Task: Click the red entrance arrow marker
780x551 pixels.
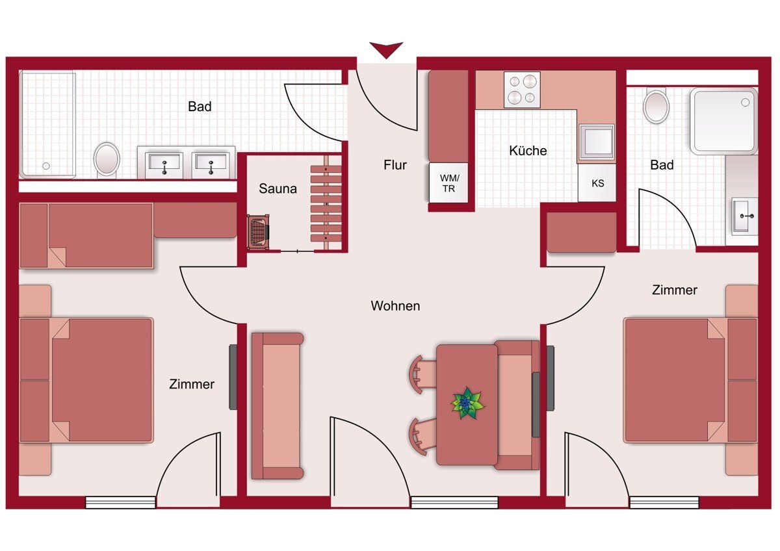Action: coord(386,49)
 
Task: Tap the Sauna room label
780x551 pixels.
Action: coord(278,188)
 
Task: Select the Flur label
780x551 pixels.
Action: coord(395,165)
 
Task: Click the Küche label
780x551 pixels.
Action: coord(528,151)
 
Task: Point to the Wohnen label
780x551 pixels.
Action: coord(395,306)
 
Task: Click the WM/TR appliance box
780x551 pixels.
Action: coord(448,183)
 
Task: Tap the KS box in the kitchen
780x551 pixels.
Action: coord(597,183)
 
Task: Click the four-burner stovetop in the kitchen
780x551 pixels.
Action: coord(522,90)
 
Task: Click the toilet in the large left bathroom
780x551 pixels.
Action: coord(107,160)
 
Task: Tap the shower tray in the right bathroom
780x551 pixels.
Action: coord(724,121)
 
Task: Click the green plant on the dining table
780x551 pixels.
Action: coord(467,403)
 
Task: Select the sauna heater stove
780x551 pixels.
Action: coord(259,232)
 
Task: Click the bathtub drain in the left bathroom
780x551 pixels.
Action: coord(46,166)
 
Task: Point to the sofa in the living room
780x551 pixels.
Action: coord(278,406)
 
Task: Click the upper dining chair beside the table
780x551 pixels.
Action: coord(422,374)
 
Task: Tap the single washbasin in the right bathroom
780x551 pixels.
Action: coord(745,216)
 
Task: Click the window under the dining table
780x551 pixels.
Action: coord(454,502)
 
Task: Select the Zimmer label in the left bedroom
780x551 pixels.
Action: coord(192,384)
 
